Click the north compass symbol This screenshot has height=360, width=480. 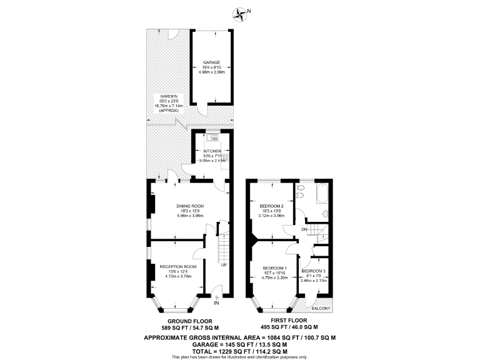240,12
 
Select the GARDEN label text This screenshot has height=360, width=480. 167,96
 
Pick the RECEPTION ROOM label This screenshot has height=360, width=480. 177,266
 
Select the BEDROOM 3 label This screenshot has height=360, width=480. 313,271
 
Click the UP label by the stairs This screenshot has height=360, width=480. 223,264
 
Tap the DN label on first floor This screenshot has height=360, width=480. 304,229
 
